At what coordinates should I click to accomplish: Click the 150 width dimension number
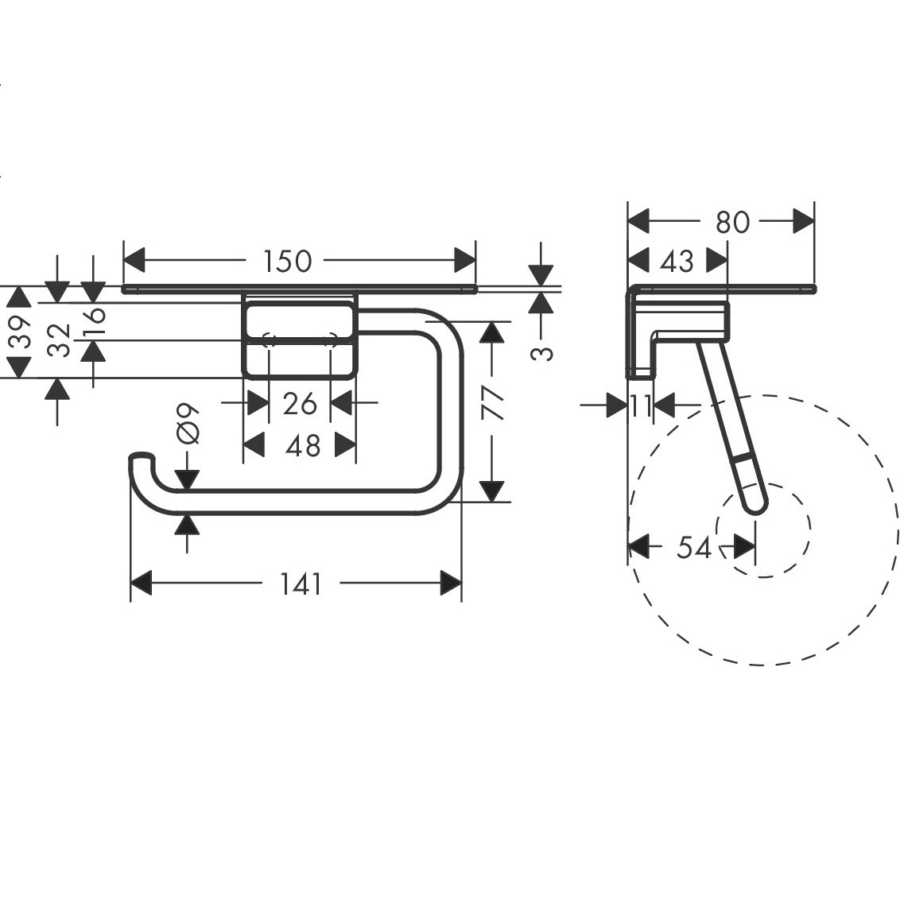tap(287, 261)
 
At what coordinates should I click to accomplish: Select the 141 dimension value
tap(301, 584)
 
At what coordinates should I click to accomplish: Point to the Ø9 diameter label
tap(188, 425)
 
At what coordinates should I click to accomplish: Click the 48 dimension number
tap(303, 445)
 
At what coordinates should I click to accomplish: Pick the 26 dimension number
tap(300, 403)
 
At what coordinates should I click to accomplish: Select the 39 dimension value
tap(21, 332)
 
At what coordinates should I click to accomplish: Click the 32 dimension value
tap(59, 339)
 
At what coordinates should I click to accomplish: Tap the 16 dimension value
tap(95, 321)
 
